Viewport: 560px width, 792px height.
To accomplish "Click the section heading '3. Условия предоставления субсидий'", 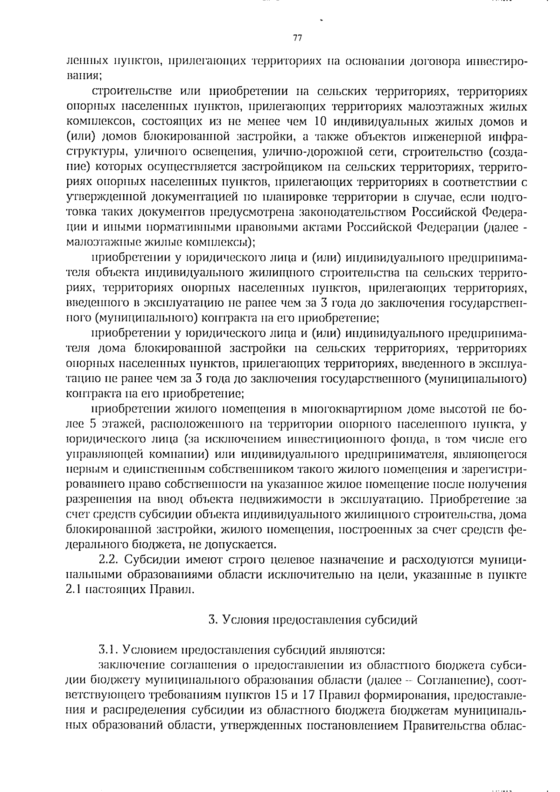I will click(313, 620).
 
